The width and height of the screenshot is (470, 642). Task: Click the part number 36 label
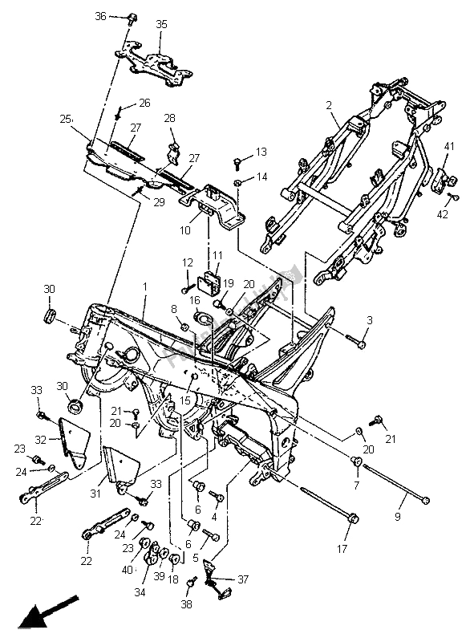100,16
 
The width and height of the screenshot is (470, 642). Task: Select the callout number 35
161,25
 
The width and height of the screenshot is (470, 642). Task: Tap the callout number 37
242,579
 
